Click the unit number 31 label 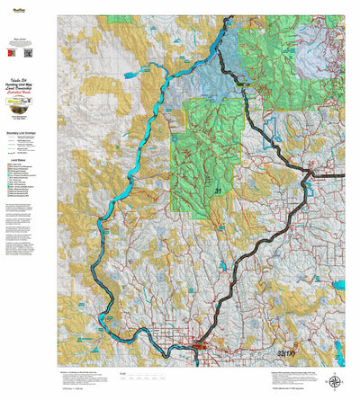click(x=218, y=191)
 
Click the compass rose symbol click(x=335, y=380)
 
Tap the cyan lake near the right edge click(x=339, y=285)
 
